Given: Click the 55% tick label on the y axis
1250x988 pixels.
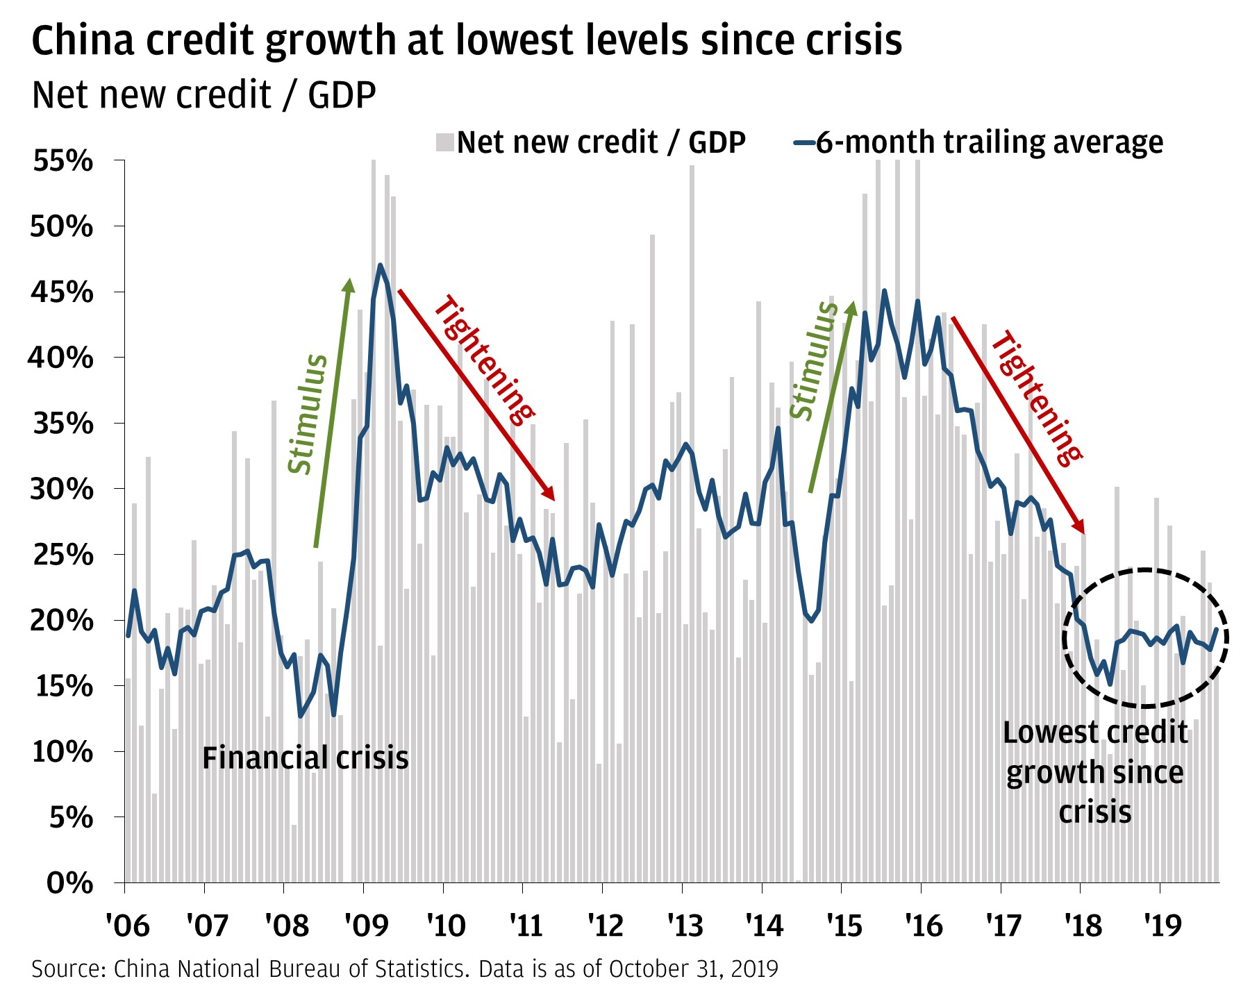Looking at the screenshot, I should point(62,161).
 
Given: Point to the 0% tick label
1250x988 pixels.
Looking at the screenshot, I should point(69,883).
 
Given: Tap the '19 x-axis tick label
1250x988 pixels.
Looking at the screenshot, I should point(1162,926).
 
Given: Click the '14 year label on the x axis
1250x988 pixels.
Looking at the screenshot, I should point(764,926).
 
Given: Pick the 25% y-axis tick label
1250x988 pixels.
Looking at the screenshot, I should point(62,555).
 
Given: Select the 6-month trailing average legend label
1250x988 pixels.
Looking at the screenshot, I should point(989,142).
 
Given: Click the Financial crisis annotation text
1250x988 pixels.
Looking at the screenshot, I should point(305,757).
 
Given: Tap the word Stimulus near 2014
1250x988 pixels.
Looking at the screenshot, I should point(814,361).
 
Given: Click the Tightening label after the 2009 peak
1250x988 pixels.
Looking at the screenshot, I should point(484,360).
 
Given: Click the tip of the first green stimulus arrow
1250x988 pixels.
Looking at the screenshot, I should point(350,280).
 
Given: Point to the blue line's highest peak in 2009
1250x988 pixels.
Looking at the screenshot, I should point(380,265).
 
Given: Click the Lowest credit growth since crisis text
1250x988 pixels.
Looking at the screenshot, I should point(1094,772).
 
